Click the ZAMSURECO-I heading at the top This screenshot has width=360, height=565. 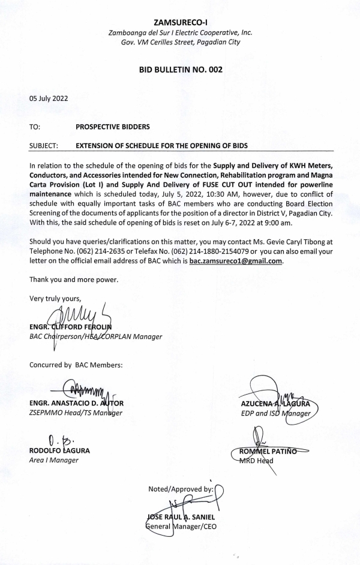(x=180, y=22)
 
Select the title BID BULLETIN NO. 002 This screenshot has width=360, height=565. (x=180, y=70)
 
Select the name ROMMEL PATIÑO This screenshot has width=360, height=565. (x=286, y=450)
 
